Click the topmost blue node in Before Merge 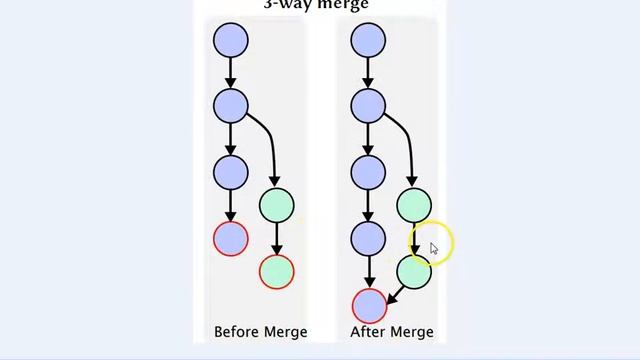[x=231, y=40]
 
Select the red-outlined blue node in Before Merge [x=231, y=238]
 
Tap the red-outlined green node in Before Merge [x=277, y=270]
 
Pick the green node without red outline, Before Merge [x=277, y=205]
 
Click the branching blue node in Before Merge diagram [x=231, y=105]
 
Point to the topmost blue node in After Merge [x=368, y=40]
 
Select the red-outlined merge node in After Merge [x=369, y=305]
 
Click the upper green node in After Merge [x=414, y=205]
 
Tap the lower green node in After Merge [x=414, y=270]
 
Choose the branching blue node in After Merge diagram [x=368, y=105]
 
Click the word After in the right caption [x=367, y=332]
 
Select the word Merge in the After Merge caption [x=411, y=332]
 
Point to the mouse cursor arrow [x=433, y=248]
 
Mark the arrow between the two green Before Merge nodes [x=277, y=238]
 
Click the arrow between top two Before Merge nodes [x=231, y=72]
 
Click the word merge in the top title [x=345, y=5]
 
